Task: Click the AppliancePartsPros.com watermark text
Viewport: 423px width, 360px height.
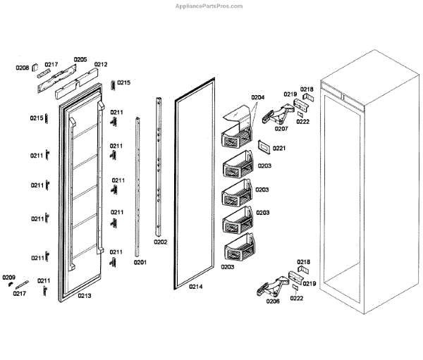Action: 209,6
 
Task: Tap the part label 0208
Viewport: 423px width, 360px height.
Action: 22,68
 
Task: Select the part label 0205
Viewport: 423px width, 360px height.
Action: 80,60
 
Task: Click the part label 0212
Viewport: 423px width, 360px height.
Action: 100,65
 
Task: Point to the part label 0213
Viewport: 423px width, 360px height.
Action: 84,296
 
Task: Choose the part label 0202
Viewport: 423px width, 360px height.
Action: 160,242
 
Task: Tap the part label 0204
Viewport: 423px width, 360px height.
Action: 257,97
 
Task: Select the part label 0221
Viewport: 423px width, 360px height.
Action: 278,148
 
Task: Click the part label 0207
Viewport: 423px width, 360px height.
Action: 281,129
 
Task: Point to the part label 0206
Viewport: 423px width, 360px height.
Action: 272,301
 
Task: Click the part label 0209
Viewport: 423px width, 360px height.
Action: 8,277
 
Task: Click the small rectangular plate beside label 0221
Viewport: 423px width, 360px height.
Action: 263,147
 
